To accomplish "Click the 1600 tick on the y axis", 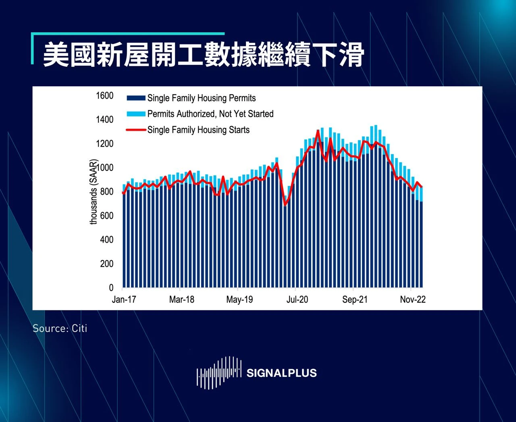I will pos(105,96).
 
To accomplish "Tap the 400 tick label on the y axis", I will pos(107,240).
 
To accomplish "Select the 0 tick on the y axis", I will pos(111,288).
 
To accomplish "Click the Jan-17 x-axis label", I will pos(124,299).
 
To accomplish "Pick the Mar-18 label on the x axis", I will pos(181,299).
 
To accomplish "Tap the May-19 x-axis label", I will pos(239,299).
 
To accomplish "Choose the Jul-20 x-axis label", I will pos(297,299).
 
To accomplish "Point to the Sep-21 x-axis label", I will pos(355,299).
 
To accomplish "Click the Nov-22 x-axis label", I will pos(413,299).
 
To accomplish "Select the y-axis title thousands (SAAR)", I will pos(94,192).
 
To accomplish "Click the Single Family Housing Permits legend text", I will pos(202,98).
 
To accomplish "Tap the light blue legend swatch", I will pos(136,114).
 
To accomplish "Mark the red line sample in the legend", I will pos(136,130).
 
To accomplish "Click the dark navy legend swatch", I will pos(136,98).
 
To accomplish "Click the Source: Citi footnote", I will pos(60,328).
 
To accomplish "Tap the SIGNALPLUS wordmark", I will pos(281,373).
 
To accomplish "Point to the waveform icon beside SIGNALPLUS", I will pos(219,372).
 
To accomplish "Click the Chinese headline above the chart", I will pos(204,54).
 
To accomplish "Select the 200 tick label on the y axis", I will pos(107,264).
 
